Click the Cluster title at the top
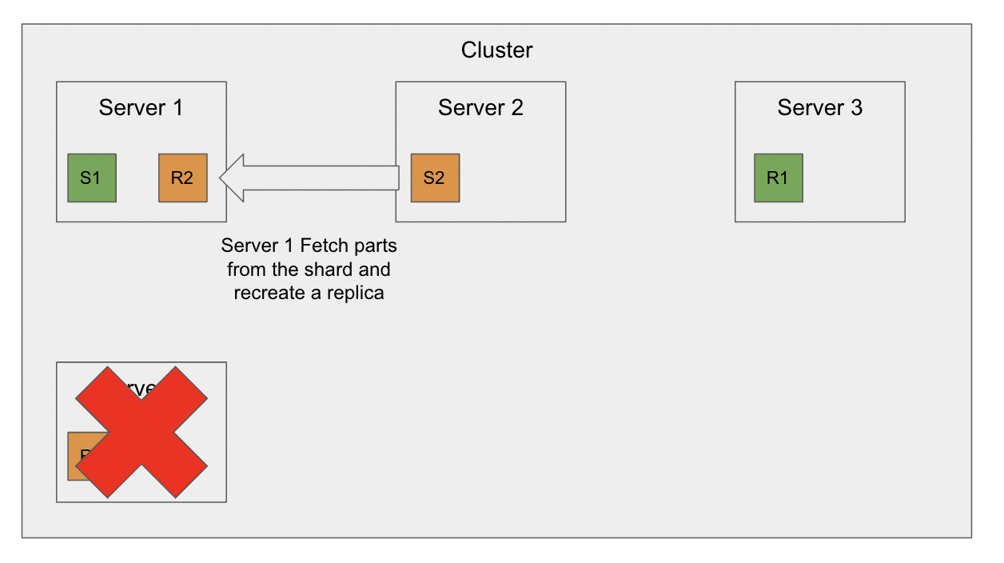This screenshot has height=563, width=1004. pos(496,50)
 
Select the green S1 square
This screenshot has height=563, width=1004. pos(92,178)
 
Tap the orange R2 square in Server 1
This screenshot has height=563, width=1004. pos(183,178)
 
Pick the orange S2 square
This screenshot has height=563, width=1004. pos(435,178)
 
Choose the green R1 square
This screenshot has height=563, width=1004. pos(778,178)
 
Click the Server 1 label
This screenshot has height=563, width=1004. pos(141,107)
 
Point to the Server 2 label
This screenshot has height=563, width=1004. pos(480,107)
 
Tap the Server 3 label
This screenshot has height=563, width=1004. pos(819,107)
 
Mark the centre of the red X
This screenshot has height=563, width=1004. pos(141,432)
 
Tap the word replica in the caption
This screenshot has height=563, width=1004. pos(357,293)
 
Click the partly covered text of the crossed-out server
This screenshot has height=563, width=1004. pos(141,389)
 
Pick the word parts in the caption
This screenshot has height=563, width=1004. pos(376,245)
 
